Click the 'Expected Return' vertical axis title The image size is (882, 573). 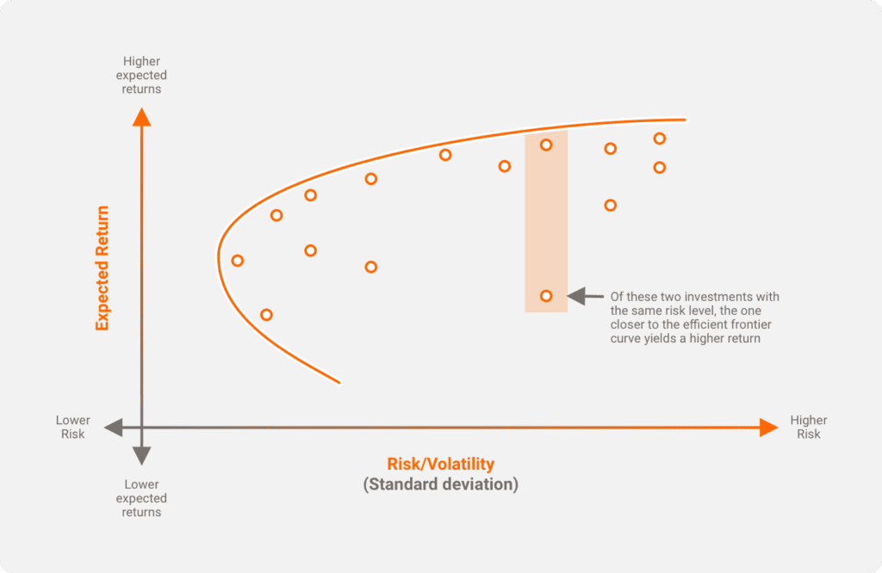pos(102,268)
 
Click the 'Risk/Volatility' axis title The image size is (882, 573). pos(441,465)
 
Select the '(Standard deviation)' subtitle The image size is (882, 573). pos(441,484)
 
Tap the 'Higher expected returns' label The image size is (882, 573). pos(142,75)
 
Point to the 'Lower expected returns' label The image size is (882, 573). pos(141,498)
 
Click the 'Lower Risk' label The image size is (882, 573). pos(73,428)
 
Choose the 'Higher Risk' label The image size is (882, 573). pos(809,428)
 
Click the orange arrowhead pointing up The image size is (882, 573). pos(142,117)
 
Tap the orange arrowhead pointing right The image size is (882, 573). pos(768,428)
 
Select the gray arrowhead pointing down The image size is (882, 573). pos(142,456)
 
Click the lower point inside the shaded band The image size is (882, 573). pos(546,296)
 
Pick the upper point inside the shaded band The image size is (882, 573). pos(546,145)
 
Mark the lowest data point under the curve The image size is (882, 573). pos(266,315)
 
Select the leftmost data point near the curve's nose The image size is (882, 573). pos(238,261)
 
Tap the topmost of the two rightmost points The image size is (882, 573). pos(660,138)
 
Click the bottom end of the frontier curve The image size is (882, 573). pos(339,381)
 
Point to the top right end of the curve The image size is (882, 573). pos(685,120)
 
